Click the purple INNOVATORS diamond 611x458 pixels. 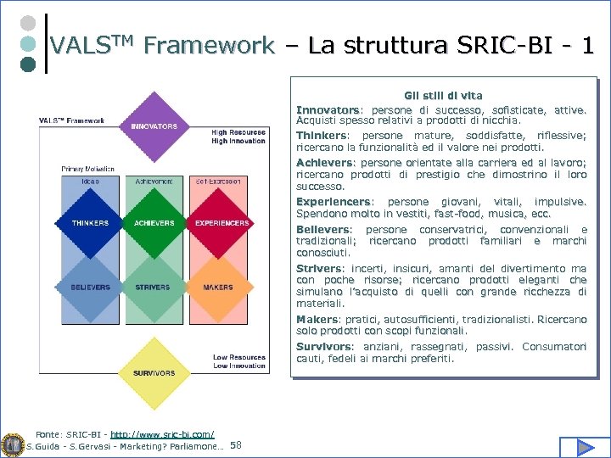click(154, 126)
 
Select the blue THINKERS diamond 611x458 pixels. click(91, 223)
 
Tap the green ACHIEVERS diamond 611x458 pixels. click(154, 223)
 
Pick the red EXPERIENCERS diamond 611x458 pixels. click(221, 223)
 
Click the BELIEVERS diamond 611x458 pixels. click(91, 288)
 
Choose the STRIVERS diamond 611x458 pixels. click(154, 288)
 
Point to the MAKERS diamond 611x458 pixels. click(218, 288)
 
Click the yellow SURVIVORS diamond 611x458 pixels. click(154, 372)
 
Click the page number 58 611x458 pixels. click(236, 445)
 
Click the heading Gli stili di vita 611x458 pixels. click(441, 97)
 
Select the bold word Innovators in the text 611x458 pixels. click(328, 110)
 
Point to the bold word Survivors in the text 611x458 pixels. click(323, 347)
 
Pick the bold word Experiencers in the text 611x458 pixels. click(334, 202)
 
